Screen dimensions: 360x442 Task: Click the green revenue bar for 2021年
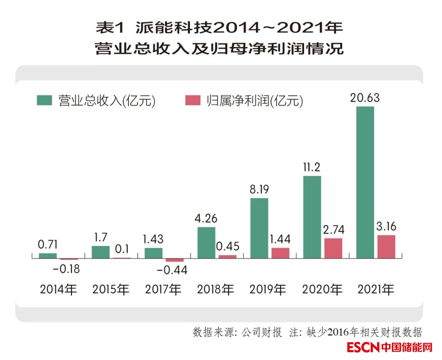[365, 182]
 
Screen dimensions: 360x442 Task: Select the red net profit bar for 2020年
[333, 248]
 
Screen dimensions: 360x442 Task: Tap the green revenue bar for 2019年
[259, 228]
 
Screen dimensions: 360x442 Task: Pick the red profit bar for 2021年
[386, 247]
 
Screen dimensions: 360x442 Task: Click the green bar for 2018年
[206, 242]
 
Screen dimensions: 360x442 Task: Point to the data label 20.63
[365, 98]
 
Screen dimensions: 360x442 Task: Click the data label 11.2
[312, 168]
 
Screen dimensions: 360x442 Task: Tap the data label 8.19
[259, 190]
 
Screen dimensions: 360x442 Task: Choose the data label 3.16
[386, 226]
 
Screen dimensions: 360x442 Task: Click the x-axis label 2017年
[163, 290]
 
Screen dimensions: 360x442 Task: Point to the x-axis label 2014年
[58, 290]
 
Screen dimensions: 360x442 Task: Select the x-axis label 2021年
[376, 290]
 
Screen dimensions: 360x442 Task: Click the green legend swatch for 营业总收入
[44, 100]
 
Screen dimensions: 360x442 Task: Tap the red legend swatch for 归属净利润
[192, 100]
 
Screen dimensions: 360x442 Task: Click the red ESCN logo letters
[363, 347]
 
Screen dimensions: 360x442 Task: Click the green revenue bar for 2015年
[101, 252]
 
